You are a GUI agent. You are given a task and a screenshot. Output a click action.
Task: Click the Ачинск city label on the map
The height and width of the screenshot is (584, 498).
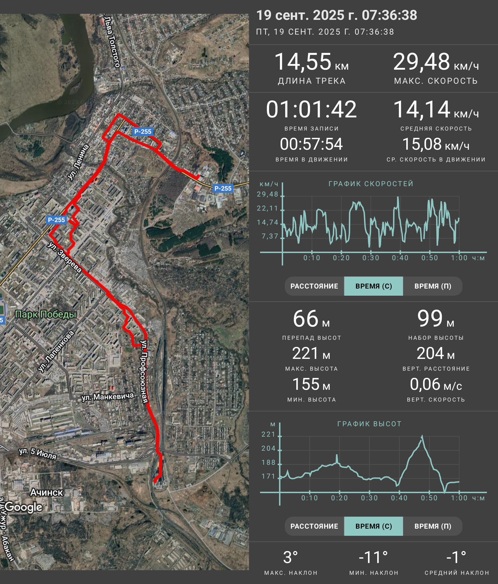pyautogui.click(x=47, y=492)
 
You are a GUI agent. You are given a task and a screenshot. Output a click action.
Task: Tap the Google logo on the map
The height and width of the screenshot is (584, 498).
pyautogui.click(x=24, y=507)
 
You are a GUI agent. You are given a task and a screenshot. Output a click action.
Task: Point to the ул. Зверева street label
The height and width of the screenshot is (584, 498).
pyautogui.click(x=65, y=257)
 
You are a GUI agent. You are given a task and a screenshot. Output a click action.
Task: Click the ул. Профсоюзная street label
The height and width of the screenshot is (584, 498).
pyautogui.click(x=144, y=372)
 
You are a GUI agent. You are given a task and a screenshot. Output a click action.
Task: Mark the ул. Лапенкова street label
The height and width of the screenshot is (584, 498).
pyautogui.click(x=56, y=352)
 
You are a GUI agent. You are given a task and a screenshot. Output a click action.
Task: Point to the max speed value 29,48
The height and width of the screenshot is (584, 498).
pyautogui.click(x=421, y=62)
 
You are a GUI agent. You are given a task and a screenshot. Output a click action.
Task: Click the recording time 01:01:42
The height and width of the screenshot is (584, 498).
pyautogui.click(x=311, y=109)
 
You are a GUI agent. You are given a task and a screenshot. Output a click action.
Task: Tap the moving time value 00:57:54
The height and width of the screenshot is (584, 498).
pyautogui.click(x=311, y=144)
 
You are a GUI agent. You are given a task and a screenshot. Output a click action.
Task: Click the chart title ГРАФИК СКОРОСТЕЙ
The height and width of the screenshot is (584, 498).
pyautogui.click(x=371, y=184)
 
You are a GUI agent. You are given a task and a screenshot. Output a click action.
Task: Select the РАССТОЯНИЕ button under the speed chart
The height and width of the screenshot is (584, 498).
pyautogui.click(x=314, y=286)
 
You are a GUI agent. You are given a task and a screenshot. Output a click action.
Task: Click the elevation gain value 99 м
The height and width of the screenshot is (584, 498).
pyautogui.click(x=436, y=319)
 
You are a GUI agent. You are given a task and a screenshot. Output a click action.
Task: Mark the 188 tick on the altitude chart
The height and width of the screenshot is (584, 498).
pyautogui.click(x=268, y=462)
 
